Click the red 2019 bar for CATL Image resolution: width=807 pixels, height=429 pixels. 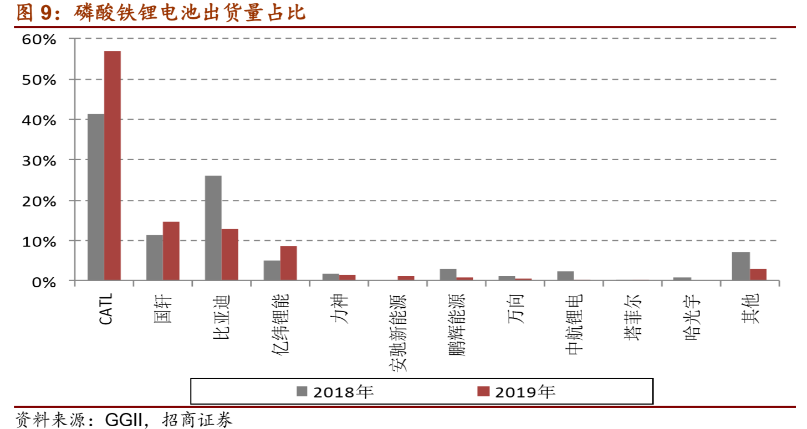(x=113, y=166)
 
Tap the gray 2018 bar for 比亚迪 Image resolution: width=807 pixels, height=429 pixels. (x=213, y=228)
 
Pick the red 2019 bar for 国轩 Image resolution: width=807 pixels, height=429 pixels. (x=171, y=251)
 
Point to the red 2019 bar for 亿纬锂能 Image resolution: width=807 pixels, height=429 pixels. (x=289, y=263)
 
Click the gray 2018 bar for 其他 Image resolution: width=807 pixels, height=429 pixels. (x=740, y=266)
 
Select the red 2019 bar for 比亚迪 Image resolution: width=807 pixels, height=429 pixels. (x=230, y=255)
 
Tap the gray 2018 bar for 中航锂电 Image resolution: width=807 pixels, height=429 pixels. (x=565, y=276)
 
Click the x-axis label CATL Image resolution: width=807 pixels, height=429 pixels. (x=106, y=309)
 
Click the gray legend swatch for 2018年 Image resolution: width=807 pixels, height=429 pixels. (x=302, y=391)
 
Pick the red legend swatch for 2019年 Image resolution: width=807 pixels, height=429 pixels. (x=483, y=391)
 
